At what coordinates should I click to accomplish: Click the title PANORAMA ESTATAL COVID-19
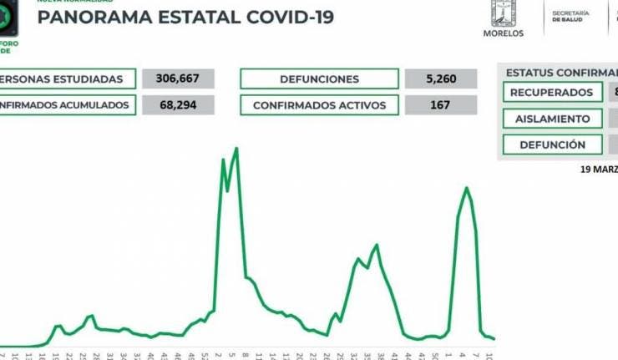[185, 18]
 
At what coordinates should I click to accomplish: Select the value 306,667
[179, 79]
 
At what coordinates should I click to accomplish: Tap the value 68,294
[179, 105]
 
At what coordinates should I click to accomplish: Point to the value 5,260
[440, 79]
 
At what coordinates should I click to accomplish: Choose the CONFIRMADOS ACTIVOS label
[319, 105]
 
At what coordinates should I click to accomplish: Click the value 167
[440, 105]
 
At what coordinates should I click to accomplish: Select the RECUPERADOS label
[552, 93]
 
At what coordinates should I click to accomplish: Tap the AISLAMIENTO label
[552, 119]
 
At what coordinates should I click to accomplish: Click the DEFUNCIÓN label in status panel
[552, 145]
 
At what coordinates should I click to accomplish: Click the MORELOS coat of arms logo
[503, 14]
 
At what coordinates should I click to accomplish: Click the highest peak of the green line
[237, 149]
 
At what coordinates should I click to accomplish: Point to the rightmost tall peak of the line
[466, 188]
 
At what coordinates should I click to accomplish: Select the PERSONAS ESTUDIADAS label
[67, 79]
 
